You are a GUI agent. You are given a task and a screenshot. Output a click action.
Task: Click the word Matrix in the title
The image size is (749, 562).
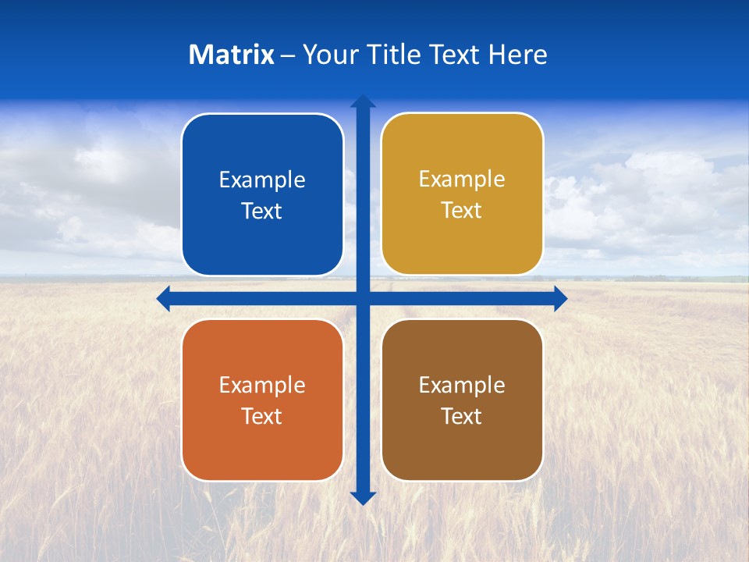click(231, 55)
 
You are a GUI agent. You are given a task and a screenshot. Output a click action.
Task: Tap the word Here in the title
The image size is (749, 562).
click(517, 55)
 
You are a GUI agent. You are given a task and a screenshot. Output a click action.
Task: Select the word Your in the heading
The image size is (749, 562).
click(330, 55)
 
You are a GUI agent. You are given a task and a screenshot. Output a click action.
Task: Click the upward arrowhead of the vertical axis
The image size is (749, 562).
click(363, 101)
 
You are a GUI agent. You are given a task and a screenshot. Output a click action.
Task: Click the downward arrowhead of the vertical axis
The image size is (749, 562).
click(363, 498)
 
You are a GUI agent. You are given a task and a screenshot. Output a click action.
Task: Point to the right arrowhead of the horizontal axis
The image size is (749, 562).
click(560, 298)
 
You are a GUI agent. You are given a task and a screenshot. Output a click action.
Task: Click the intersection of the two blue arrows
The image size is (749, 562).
click(363, 298)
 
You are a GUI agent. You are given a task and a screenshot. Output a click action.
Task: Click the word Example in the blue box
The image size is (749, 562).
click(262, 180)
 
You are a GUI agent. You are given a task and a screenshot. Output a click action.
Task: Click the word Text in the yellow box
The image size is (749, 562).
click(462, 211)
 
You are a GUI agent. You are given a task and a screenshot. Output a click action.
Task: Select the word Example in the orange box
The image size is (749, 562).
click(262, 386)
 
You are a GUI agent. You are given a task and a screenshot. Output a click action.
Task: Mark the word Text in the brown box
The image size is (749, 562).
click(462, 417)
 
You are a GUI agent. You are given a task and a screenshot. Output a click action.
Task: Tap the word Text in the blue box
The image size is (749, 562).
click(262, 212)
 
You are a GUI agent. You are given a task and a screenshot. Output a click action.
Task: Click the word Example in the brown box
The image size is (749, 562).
click(462, 386)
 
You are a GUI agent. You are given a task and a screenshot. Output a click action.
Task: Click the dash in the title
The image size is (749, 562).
click(288, 55)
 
